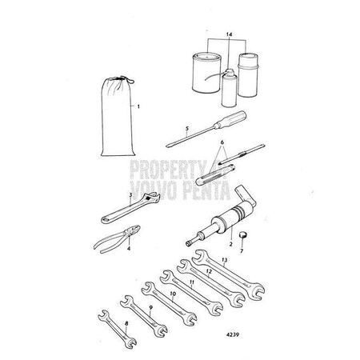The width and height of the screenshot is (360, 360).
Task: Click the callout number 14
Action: pos(230,36)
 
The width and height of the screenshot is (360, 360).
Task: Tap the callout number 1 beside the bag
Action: pos(138,106)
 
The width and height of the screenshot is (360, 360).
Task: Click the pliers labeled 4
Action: pos(121,241)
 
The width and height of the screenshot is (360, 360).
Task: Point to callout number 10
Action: pos(172,294)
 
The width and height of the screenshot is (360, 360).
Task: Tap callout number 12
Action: pos(210,271)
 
